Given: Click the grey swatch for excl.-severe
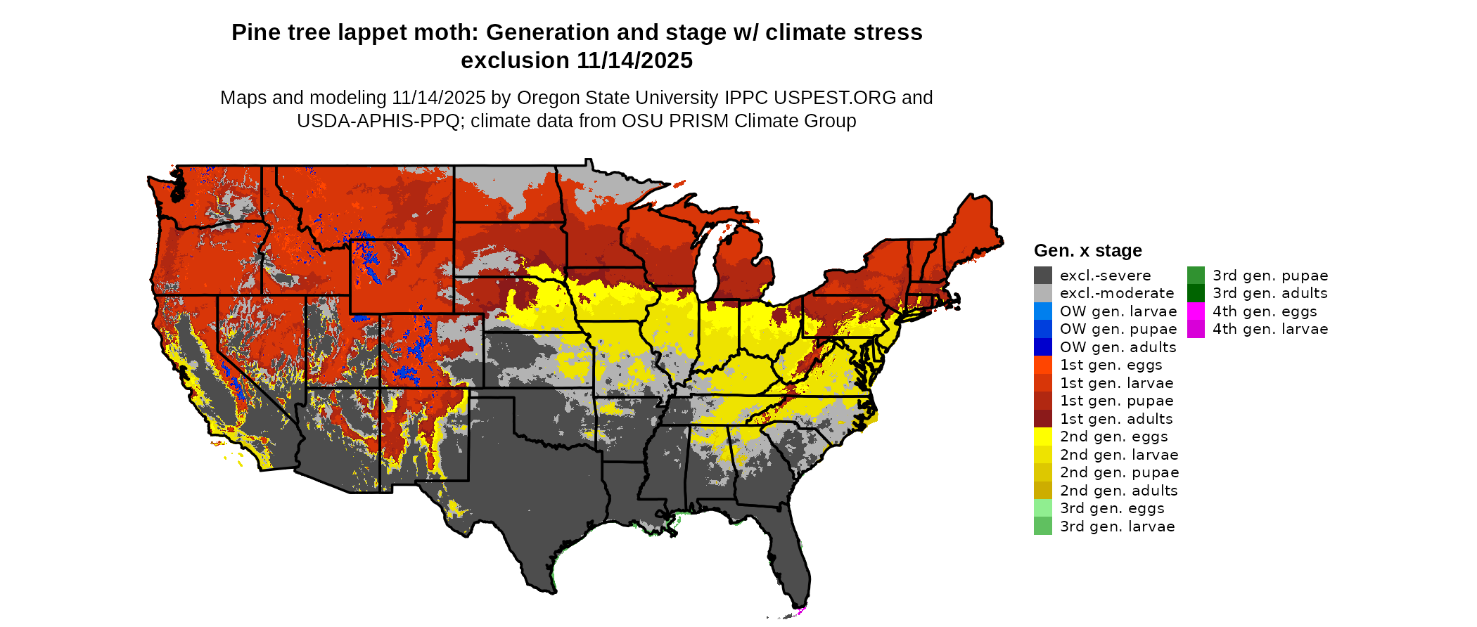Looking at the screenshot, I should [1042, 276].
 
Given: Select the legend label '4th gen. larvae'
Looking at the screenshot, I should [1270, 329].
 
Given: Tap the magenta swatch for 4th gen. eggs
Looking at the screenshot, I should [1196, 311].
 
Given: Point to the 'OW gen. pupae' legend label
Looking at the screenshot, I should [1118, 329].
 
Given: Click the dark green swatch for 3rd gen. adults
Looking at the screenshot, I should [1196, 293].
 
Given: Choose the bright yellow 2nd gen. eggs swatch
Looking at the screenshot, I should [1042, 437].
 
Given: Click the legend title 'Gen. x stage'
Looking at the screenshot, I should [1087, 250].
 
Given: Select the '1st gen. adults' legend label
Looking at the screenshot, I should [1116, 419].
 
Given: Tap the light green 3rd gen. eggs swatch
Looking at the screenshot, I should [1042, 508].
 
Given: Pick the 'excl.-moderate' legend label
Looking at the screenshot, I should [1116, 293].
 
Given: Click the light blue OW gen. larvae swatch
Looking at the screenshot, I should [1042, 311].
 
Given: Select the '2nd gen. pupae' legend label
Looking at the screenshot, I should [1119, 472].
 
